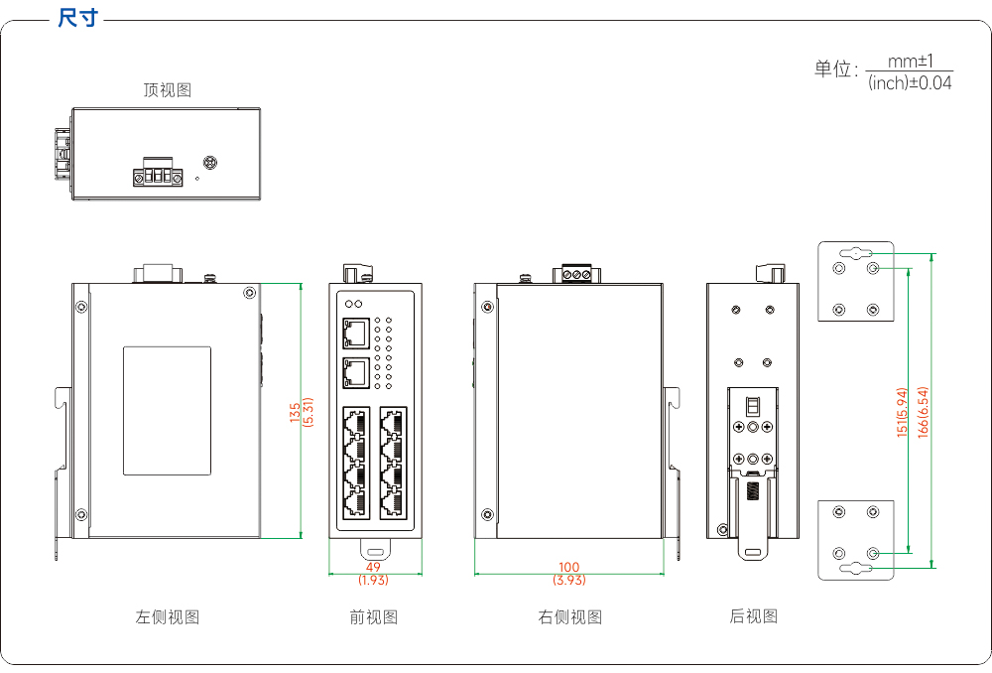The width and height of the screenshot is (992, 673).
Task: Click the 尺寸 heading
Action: coord(78,18)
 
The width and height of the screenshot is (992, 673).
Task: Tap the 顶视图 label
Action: coord(167,90)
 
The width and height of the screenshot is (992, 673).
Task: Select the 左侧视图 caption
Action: coord(168,616)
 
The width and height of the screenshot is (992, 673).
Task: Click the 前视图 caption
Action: coord(374,616)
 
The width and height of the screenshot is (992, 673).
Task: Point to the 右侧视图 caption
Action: coord(570,616)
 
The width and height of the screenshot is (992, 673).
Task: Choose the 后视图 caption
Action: coord(754,616)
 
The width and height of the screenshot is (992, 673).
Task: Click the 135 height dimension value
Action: coord(295,412)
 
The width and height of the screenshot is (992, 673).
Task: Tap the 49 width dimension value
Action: coord(373,567)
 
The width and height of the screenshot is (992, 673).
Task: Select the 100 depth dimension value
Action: coord(569,567)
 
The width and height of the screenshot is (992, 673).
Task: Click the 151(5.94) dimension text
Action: coord(902,412)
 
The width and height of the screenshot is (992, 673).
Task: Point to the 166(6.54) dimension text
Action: coord(923,412)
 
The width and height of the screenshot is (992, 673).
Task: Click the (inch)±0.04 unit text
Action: coord(910,83)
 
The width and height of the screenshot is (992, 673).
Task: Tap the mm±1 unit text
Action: coord(911,62)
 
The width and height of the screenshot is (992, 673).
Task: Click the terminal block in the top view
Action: coord(158,172)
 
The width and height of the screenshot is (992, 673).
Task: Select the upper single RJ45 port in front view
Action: coord(356,333)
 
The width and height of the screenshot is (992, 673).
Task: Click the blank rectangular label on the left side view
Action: coord(167,411)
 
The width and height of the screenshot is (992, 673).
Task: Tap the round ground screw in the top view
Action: coord(209,163)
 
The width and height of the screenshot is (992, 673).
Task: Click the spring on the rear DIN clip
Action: coord(753,490)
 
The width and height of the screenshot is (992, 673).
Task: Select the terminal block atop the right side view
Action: coord(576,274)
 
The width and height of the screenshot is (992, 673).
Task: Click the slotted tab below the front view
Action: coord(376,550)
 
